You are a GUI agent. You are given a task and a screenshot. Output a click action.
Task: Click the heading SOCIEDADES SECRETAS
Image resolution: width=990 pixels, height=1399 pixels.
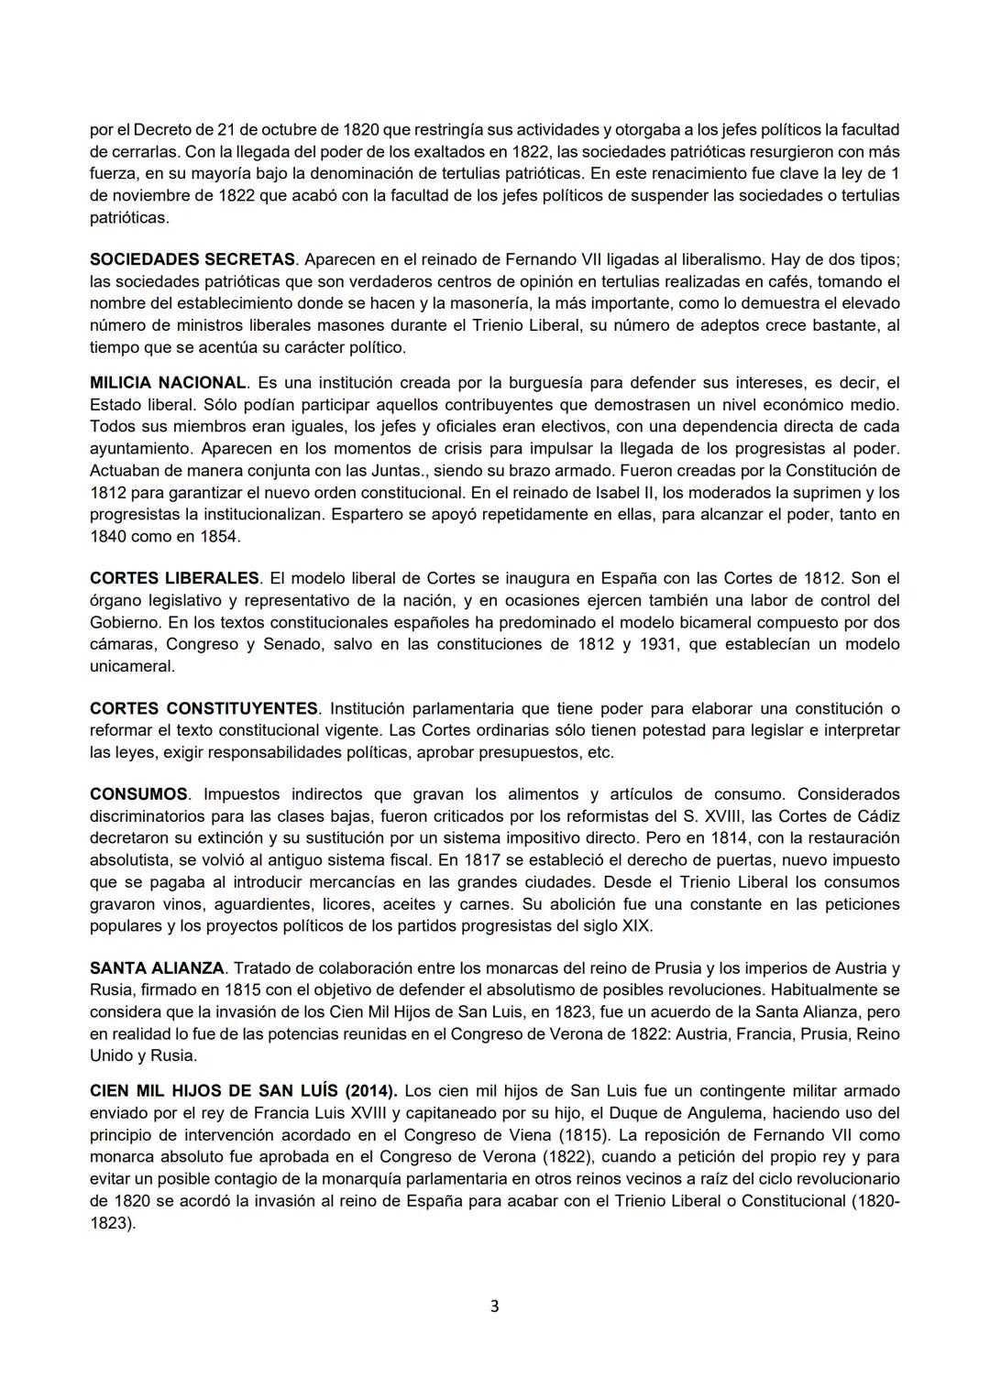coord(192,260)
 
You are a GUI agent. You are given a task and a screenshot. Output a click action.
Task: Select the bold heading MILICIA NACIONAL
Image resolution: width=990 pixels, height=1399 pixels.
coord(169,382)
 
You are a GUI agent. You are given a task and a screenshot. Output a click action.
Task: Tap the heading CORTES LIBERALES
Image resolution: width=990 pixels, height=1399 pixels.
coord(175,578)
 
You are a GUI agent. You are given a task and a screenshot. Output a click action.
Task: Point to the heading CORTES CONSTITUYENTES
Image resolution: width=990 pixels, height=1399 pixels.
coord(204,709)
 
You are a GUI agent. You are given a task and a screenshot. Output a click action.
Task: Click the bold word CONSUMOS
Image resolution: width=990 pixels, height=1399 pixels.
coord(138,794)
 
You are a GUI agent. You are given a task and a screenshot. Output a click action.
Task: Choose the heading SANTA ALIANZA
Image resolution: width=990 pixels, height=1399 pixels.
coord(157,968)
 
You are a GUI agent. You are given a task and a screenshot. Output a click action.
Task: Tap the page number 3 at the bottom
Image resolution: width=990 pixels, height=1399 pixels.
coord(495,1306)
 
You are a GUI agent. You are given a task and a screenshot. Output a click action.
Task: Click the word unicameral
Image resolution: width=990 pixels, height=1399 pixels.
coord(132,666)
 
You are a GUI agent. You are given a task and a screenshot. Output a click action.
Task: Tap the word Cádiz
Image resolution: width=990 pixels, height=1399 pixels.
coord(877,816)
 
